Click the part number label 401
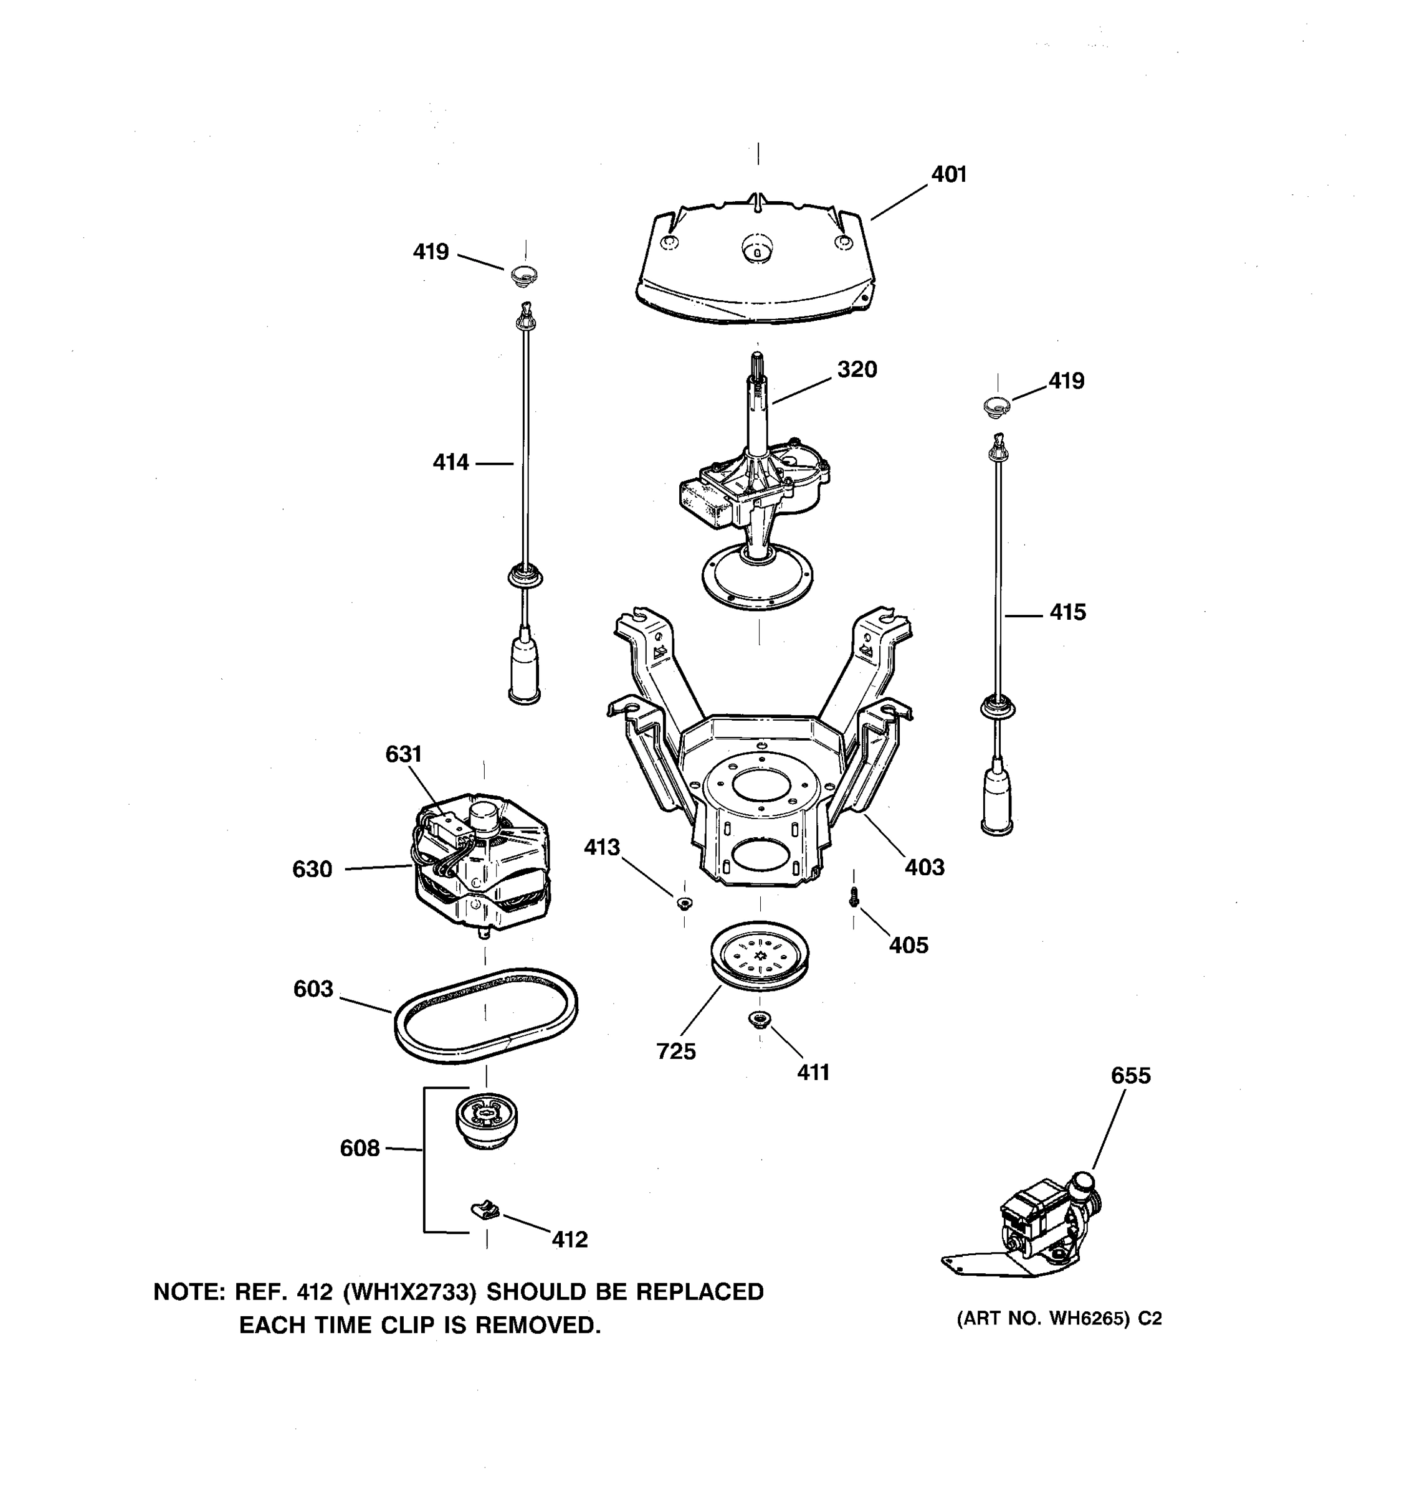(948, 174)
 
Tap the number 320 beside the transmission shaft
(857, 369)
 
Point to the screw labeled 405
(853, 897)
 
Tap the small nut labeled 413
(684, 903)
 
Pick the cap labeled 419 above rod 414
(524, 275)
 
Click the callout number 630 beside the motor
(312, 870)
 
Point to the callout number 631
(403, 754)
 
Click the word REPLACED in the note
(700, 1292)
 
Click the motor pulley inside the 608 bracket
(487, 1120)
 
